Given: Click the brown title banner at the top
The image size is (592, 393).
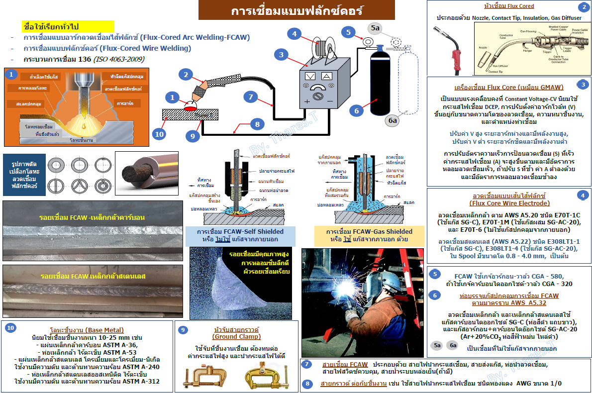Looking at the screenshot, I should click(x=297, y=10).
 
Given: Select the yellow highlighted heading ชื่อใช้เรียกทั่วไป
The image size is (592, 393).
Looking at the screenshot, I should click(x=69, y=26).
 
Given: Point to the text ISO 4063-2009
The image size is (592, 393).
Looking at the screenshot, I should click(x=118, y=59).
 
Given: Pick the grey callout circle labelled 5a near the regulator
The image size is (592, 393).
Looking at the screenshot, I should click(x=374, y=28).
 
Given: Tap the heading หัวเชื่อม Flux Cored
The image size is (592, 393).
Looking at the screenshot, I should click(x=508, y=6).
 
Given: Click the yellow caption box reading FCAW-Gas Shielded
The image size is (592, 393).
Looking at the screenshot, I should click(x=369, y=235).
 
